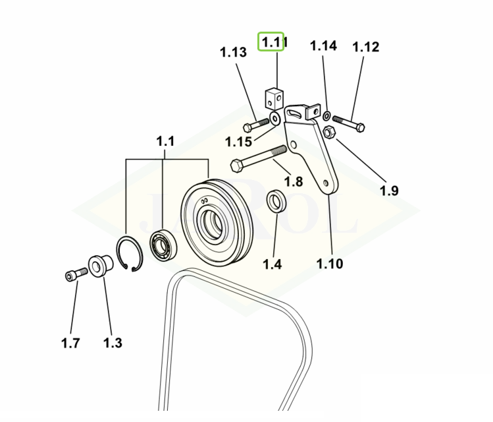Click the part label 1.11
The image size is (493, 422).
pyautogui.click(x=271, y=43)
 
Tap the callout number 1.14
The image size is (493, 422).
pyautogui.click(x=323, y=45)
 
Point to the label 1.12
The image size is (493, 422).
pyautogui.click(x=365, y=47)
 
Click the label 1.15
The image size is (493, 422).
pyautogui.click(x=238, y=142)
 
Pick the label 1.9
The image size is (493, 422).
pyautogui.click(x=389, y=191)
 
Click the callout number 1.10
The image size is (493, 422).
pyautogui.click(x=329, y=264)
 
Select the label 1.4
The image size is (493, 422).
pyautogui.click(x=272, y=264)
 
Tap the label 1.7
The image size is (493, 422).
pyautogui.click(x=70, y=343)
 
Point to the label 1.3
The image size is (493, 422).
pyautogui.click(x=113, y=343)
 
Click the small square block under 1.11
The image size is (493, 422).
pyautogui.click(x=274, y=99)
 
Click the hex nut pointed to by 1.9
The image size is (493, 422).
pyautogui.click(x=330, y=132)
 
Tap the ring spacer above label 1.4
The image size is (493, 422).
pyautogui.click(x=276, y=201)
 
